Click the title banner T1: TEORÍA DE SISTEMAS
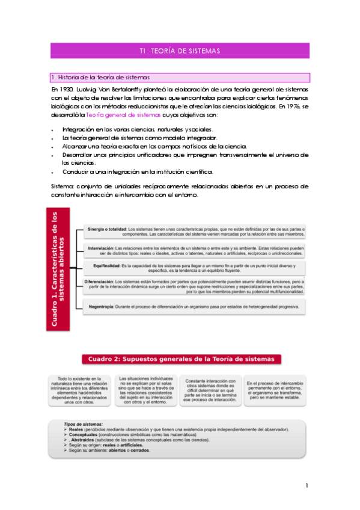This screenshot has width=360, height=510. tap(180, 50)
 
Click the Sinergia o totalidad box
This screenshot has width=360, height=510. tap(195, 232)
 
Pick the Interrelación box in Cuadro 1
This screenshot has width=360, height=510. tap(195, 250)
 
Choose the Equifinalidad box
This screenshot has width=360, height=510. tap(195, 268)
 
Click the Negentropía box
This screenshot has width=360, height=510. tap(195, 307)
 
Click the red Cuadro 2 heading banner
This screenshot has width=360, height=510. tap(180, 359)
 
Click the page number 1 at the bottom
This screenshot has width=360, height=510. tap(307, 485)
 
